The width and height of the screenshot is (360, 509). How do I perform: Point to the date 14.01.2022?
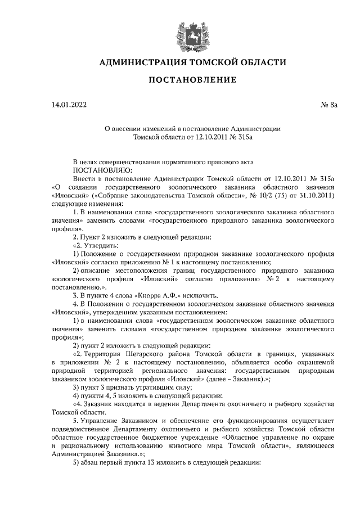pyautogui.click(x=69, y=104)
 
